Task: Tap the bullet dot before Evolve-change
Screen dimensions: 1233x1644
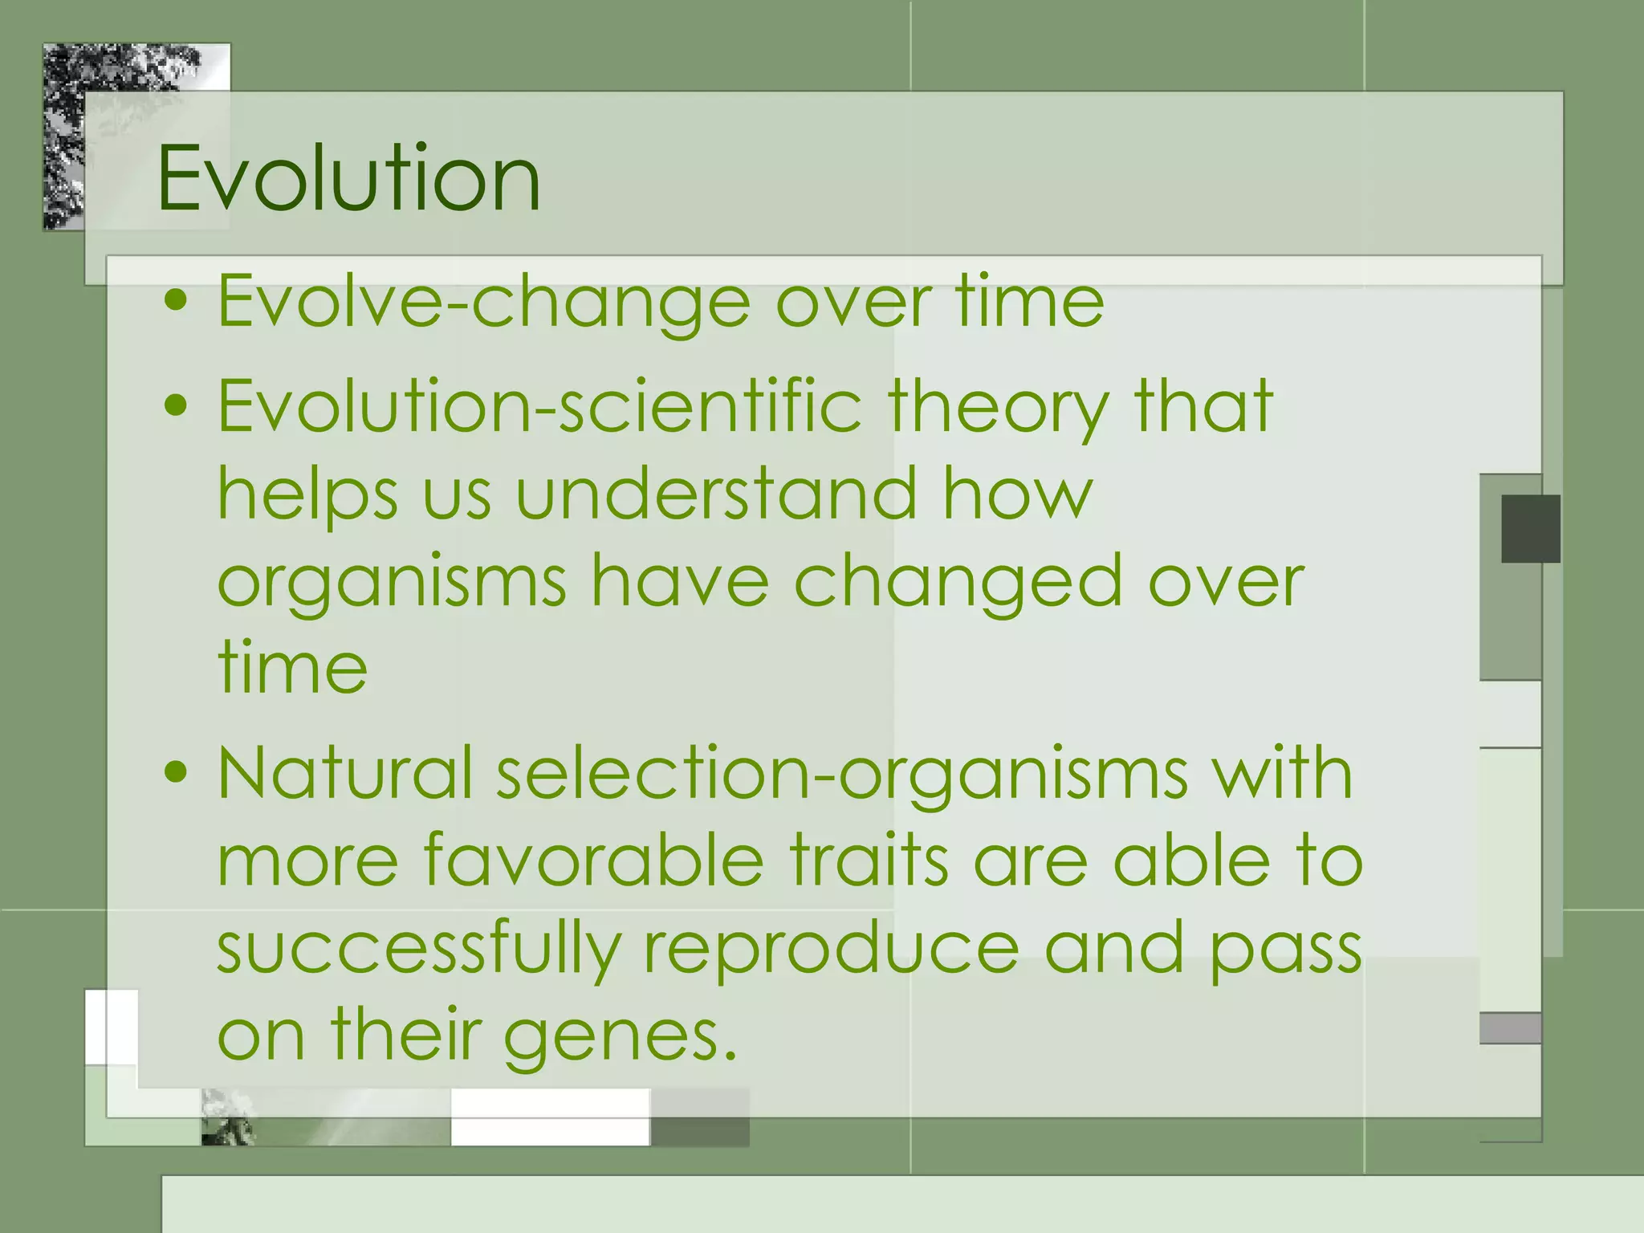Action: (175, 303)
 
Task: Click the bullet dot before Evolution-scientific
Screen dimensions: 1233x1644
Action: (175, 406)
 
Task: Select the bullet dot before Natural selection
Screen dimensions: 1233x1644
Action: (175, 773)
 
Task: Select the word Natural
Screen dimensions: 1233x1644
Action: (345, 772)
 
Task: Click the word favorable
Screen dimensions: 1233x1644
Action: (594, 861)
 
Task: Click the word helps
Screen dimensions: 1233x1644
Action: (308, 496)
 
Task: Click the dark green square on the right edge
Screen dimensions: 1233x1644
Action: (1530, 528)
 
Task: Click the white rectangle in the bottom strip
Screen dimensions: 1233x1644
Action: (549, 1117)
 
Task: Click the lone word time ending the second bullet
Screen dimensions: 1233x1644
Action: (292, 668)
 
